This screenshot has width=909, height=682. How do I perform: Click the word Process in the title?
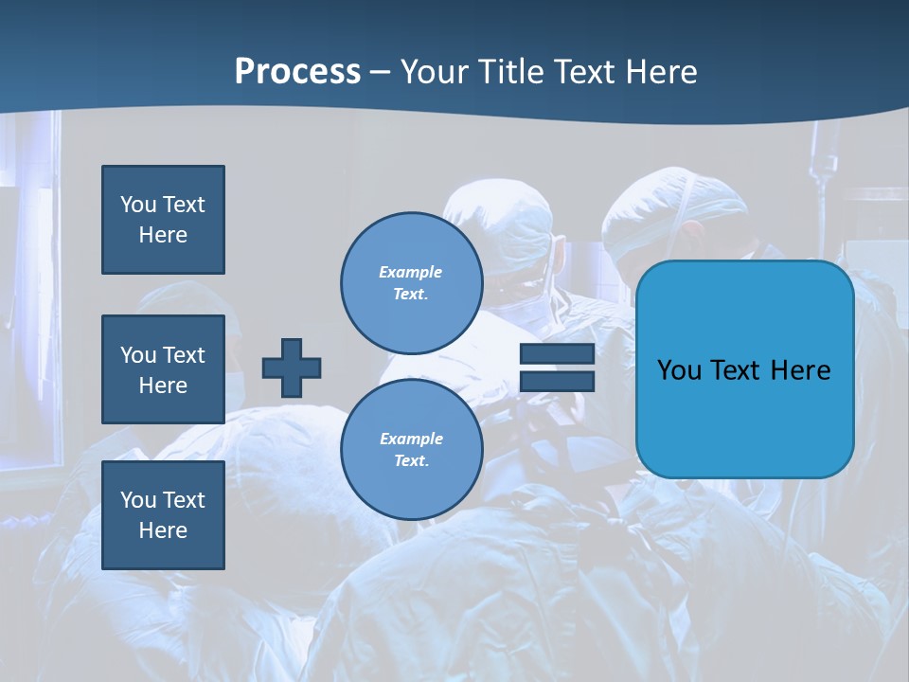pos(297,72)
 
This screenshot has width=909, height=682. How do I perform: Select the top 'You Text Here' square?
pos(163,220)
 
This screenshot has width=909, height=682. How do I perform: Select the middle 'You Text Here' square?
pos(163,369)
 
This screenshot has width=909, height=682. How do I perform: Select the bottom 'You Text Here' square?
pos(163,515)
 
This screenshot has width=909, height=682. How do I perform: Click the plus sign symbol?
pos(292,368)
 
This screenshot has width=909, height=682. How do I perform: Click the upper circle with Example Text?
pos(412,283)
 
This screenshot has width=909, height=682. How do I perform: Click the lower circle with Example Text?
pos(412,450)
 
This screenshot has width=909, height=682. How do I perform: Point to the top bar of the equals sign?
pos(557,354)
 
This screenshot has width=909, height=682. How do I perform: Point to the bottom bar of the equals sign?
pos(557,382)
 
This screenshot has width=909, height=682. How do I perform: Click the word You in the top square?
pos(138,205)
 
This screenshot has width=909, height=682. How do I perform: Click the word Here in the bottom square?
pos(163,530)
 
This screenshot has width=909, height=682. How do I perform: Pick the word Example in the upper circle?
pos(410,272)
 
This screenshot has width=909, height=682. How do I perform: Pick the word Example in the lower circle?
pos(411,439)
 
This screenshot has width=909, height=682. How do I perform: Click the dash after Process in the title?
pos(380,72)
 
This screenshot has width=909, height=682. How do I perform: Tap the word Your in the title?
pos(434,72)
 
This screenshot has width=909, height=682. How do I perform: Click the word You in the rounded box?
pos(678,370)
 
